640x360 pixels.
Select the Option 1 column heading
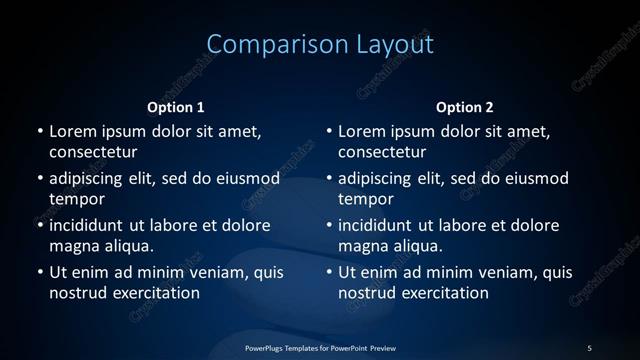pyautogui.click(x=176, y=107)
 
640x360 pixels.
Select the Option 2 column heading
pyautogui.click(x=465, y=107)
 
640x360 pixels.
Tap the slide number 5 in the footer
pyautogui.click(x=589, y=347)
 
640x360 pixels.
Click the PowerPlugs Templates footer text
pyautogui.click(x=320, y=347)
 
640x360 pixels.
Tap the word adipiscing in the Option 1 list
pyautogui.click(x=89, y=179)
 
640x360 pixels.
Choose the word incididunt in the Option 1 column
pyautogui.click(x=89, y=225)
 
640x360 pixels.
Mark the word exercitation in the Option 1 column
pyautogui.click(x=155, y=293)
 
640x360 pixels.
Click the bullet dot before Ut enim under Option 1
pyautogui.click(x=39, y=272)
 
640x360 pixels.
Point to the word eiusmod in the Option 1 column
pyautogui.click(x=248, y=178)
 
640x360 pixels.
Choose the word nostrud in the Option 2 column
pyautogui.click(x=367, y=293)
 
